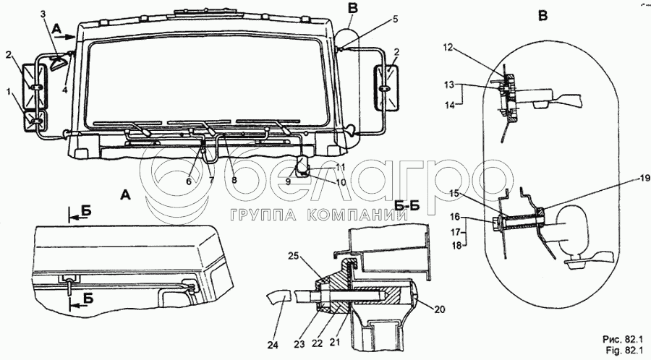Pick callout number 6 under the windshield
click(x=189, y=181)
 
